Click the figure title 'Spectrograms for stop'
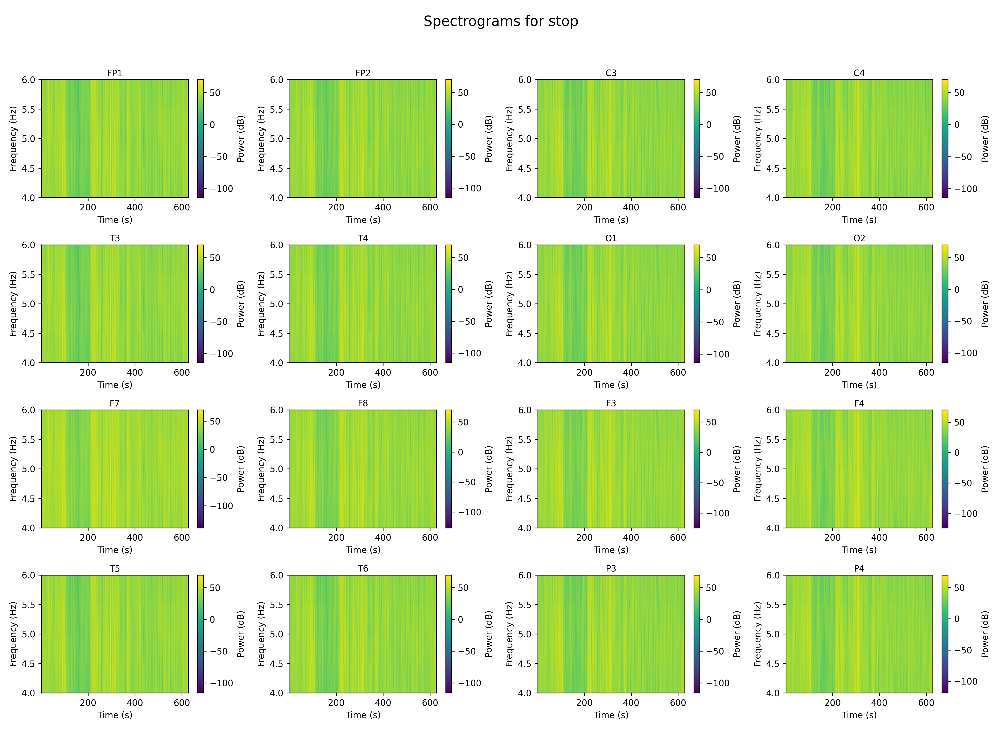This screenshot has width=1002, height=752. pos(501,21)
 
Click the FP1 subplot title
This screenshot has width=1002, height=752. pos(115,73)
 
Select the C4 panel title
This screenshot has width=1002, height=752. pos(859,73)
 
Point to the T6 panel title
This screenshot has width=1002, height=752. pos(363,568)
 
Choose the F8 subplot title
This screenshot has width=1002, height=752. pos(363,403)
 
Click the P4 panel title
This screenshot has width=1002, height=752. pos(859,568)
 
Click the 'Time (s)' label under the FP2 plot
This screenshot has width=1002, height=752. pos(363,220)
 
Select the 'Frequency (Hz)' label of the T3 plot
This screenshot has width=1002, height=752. pos(13,304)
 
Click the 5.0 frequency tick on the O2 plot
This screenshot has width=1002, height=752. pos(773,304)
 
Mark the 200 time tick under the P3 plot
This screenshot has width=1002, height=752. pos(584,702)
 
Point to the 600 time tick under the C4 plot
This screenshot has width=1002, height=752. pos(926,207)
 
